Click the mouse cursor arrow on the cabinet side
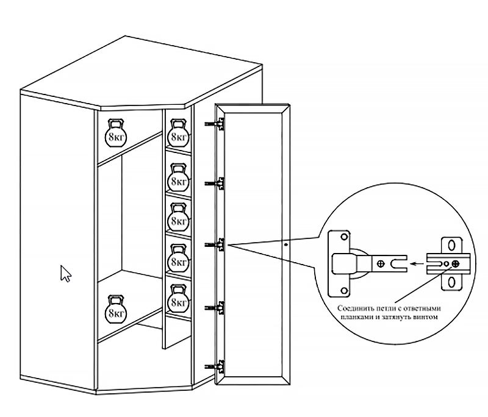pos(65,274)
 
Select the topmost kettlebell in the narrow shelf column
pos(178,133)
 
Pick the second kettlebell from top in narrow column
pos(178,177)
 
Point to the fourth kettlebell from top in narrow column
pos(178,258)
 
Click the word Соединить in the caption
pos(354,308)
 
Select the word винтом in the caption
pos(426,317)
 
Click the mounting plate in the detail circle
pos(450,264)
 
